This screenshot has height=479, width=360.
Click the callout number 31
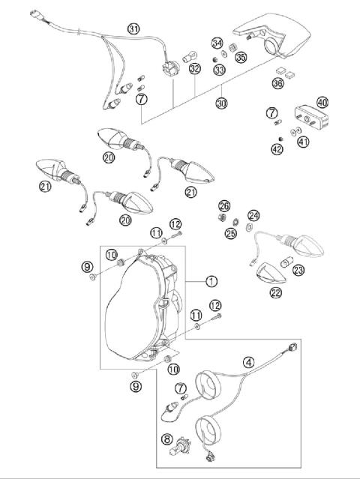(x=133, y=29)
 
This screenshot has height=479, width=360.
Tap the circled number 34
(x=217, y=43)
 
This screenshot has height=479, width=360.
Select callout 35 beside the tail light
(x=241, y=57)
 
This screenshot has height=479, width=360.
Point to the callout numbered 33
(x=219, y=70)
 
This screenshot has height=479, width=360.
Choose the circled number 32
(x=194, y=70)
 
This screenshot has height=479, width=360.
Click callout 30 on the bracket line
(x=221, y=103)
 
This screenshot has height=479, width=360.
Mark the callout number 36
(x=278, y=82)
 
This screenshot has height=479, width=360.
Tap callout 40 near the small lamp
(x=322, y=102)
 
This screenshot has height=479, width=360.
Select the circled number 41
(x=304, y=141)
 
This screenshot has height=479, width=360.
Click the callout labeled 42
(x=277, y=148)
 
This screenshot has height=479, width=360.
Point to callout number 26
(x=223, y=205)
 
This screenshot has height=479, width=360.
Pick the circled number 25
(x=231, y=233)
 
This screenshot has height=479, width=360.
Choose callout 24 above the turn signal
(x=253, y=215)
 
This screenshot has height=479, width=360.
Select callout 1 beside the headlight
(x=211, y=282)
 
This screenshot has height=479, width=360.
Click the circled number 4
(x=248, y=360)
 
